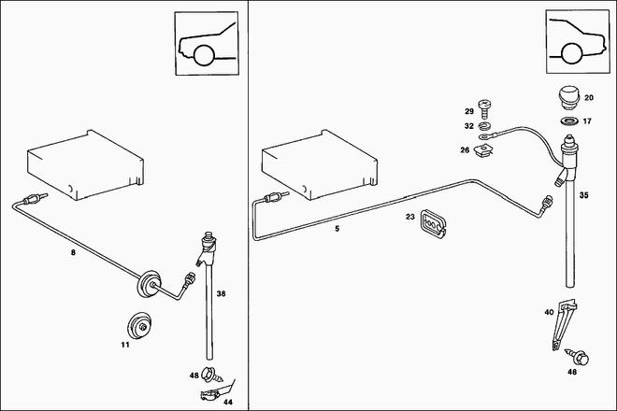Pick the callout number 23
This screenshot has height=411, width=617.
coord(409,217)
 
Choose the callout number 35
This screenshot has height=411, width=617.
coord(583,196)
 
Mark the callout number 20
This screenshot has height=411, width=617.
coord(588,97)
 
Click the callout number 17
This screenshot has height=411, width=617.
coord(588,120)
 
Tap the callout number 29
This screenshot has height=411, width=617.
coord(470,111)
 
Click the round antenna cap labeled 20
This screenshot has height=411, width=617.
coord(567,96)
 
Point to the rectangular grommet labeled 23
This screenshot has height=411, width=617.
coord(433,222)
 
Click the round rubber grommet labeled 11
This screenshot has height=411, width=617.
coord(139,324)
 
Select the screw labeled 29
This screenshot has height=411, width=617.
coord(485,109)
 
